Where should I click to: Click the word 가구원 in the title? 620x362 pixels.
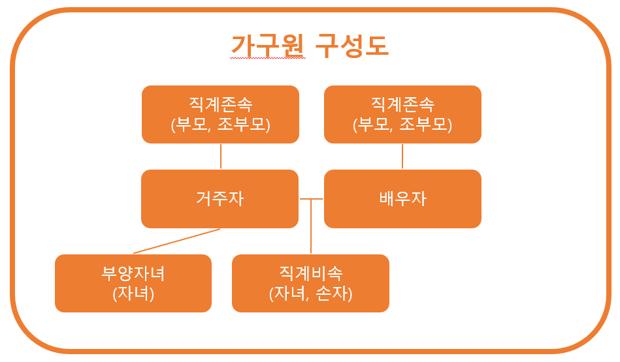click(268, 45)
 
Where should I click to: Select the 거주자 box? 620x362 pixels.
click(220, 198)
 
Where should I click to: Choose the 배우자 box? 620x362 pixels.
click(402, 198)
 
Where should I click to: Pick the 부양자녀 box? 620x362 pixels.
click(133, 283)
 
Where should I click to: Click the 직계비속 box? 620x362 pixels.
click(310, 283)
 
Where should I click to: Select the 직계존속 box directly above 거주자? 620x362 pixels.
click(220, 114)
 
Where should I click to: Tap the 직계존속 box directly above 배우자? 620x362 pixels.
click(402, 114)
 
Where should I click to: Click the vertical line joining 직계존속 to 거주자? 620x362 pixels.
click(221, 157)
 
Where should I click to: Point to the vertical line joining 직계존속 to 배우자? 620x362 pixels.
click(402, 157)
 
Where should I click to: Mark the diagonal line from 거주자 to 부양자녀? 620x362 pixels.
click(176, 241)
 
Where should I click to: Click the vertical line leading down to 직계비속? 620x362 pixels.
click(311, 228)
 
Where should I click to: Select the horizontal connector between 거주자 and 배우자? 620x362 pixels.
click(311, 198)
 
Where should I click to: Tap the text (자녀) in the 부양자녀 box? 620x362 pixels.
click(133, 294)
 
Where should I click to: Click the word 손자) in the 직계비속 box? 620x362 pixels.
click(334, 294)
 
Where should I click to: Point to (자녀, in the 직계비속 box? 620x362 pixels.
click(289, 294)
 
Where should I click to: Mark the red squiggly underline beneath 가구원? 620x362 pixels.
click(268, 58)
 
